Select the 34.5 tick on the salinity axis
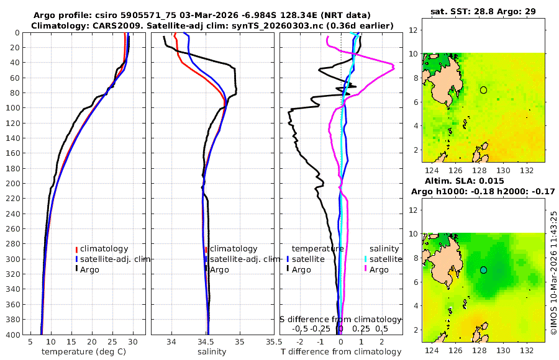207,341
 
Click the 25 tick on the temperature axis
112,341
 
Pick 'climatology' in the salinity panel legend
234,249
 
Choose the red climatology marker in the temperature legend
76,249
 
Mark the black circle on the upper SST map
483,90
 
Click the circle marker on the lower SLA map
483,270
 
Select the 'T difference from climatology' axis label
341,352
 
